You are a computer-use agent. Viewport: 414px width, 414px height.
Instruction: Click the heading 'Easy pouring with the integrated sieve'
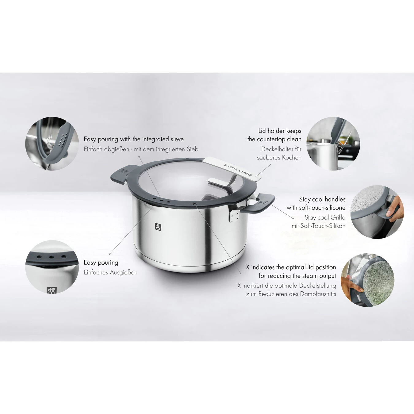[134, 139]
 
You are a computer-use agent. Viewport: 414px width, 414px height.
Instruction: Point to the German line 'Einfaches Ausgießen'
[110, 272]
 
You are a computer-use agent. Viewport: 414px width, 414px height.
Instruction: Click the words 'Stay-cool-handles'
[322, 199]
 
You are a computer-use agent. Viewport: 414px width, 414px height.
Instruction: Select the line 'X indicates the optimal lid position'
[291, 267]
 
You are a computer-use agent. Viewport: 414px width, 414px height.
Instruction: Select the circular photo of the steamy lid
[368, 279]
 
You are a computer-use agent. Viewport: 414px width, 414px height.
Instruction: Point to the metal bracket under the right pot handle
[234, 215]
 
